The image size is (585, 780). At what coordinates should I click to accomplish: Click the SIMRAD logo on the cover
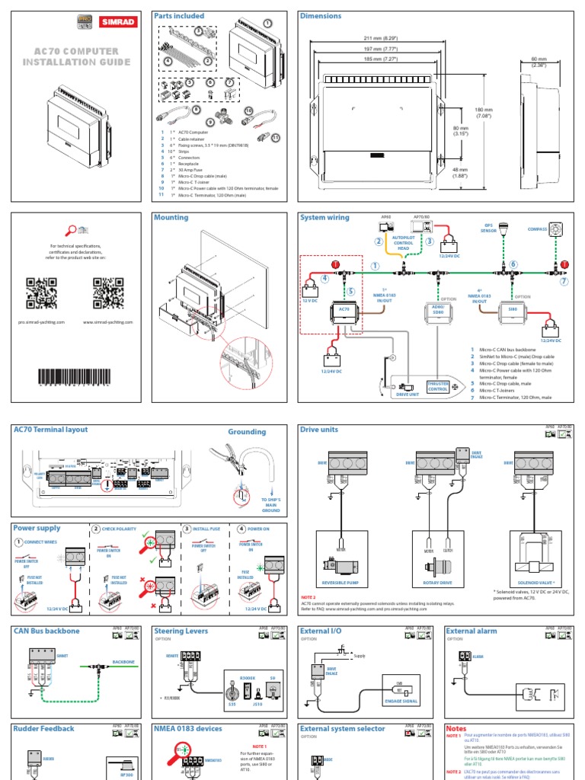pos(117,22)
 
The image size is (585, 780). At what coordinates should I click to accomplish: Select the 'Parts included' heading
pos(178,16)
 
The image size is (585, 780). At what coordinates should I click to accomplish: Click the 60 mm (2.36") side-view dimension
pos(539,62)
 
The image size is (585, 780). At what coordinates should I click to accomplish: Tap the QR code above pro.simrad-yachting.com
pos(42,293)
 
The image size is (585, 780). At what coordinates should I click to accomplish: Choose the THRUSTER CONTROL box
pos(439,386)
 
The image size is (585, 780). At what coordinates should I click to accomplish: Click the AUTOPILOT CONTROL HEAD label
pos(403,243)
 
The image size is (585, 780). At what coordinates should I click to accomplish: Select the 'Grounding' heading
pos(247,432)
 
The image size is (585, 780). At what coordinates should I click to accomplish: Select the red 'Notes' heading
pos(456,729)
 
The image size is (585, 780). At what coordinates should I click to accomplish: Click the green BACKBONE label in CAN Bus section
pos(123,663)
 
